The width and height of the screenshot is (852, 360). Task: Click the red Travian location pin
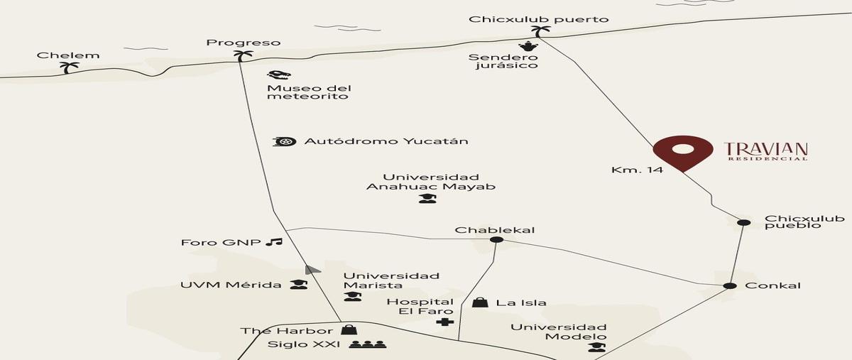pos(683,152)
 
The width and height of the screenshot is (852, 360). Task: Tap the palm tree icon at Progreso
pos(243,56)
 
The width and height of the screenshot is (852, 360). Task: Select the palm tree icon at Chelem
pos(70,67)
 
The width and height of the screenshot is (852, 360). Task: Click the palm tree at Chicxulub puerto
pos(540,31)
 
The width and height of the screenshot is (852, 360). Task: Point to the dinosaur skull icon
pos(279,75)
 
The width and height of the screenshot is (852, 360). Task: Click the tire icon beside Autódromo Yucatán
pos(285,141)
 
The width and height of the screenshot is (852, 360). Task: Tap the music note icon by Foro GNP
pos(274,241)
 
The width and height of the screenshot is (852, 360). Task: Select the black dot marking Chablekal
pos(496,240)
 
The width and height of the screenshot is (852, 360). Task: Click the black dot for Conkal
pos(730,285)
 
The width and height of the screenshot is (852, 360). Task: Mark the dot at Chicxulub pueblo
pos(744,223)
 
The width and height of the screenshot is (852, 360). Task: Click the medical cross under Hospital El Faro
pos(445,322)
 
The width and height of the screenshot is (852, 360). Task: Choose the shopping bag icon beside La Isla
pos(481,302)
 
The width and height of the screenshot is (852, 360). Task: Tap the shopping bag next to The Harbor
pos(349,329)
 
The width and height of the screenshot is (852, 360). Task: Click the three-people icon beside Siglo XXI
pos(368,344)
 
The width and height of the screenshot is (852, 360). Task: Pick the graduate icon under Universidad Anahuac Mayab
pos(428,198)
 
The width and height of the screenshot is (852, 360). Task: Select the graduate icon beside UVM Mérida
pos(299,284)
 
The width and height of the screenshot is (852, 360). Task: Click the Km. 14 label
pos(637,170)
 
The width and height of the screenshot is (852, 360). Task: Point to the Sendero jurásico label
pos(503,61)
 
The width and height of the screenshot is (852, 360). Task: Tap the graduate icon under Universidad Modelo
pos(597,347)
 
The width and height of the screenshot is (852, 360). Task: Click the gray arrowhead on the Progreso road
pos(312,269)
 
